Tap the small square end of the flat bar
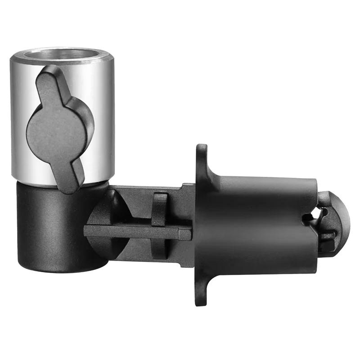[186, 233]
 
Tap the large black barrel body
[256, 225]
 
